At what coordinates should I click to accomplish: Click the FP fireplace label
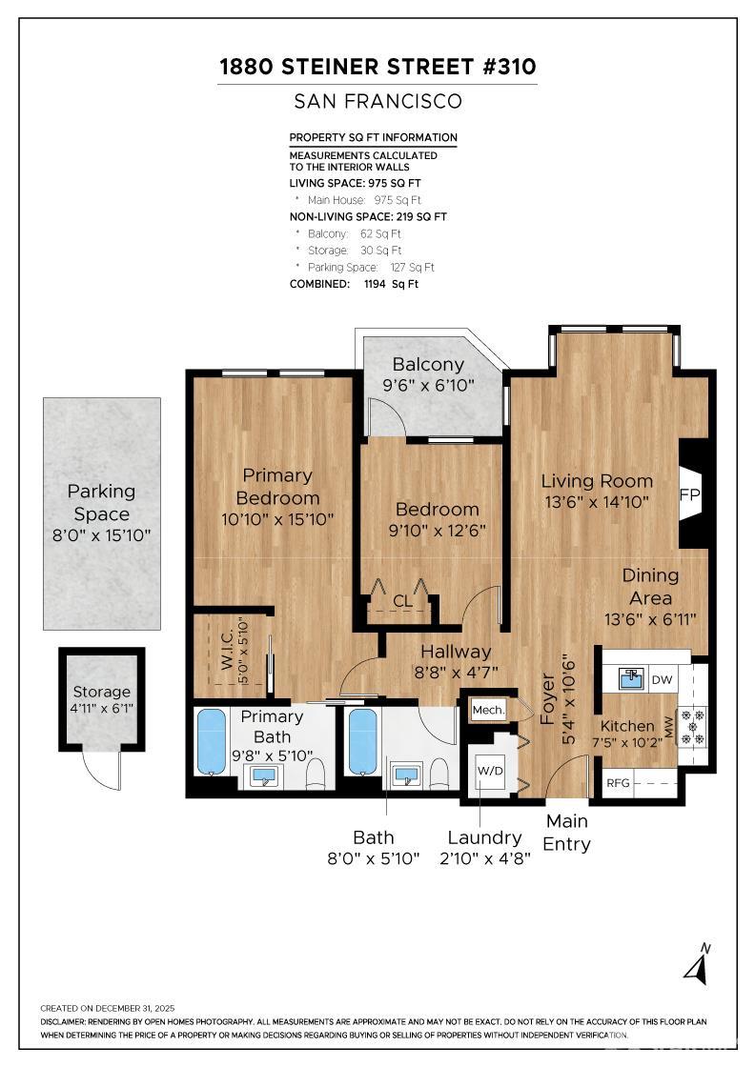tap(689, 495)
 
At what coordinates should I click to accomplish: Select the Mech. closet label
tap(487, 710)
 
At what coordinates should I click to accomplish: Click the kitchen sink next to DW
tap(630, 679)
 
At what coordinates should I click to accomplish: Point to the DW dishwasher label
tap(662, 680)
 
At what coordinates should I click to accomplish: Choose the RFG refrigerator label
tap(618, 785)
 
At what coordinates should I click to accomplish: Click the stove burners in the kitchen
tap(693, 726)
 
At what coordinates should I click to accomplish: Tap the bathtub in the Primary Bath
tap(212, 740)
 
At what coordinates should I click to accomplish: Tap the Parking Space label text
tap(101, 503)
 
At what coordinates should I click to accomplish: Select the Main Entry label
tap(566, 832)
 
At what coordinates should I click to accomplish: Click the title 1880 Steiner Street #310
tap(377, 67)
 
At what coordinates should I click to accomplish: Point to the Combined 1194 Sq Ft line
tap(354, 284)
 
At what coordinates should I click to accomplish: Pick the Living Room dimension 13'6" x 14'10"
tap(597, 502)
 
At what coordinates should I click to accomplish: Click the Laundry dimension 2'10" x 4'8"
tap(484, 857)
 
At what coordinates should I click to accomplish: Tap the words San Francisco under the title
tap(377, 101)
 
